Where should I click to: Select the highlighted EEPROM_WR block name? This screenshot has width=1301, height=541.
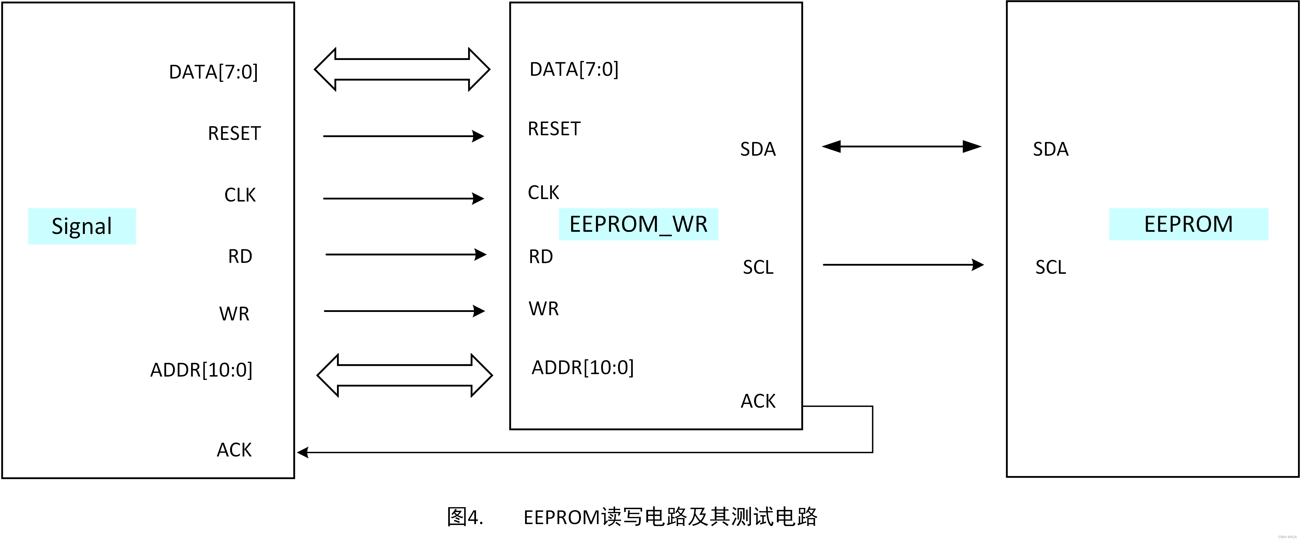[639, 224]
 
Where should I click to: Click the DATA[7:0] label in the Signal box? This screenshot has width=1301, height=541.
[213, 72]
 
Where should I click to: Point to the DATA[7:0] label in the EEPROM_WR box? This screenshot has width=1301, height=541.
[574, 69]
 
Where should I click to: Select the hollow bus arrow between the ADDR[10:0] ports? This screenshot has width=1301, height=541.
[405, 375]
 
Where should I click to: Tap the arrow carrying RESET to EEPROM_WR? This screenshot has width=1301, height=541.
[403, 136]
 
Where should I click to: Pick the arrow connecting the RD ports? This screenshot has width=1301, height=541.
[406, 254]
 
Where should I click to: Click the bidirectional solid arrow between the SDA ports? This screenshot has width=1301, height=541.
[902, 146]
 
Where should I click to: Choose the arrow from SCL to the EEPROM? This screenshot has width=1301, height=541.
[903, 265]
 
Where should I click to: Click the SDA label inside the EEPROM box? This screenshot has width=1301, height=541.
[1050, 149]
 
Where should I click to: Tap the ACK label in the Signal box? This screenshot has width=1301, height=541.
[234, 450]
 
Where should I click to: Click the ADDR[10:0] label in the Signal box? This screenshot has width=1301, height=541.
[201, 370]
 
